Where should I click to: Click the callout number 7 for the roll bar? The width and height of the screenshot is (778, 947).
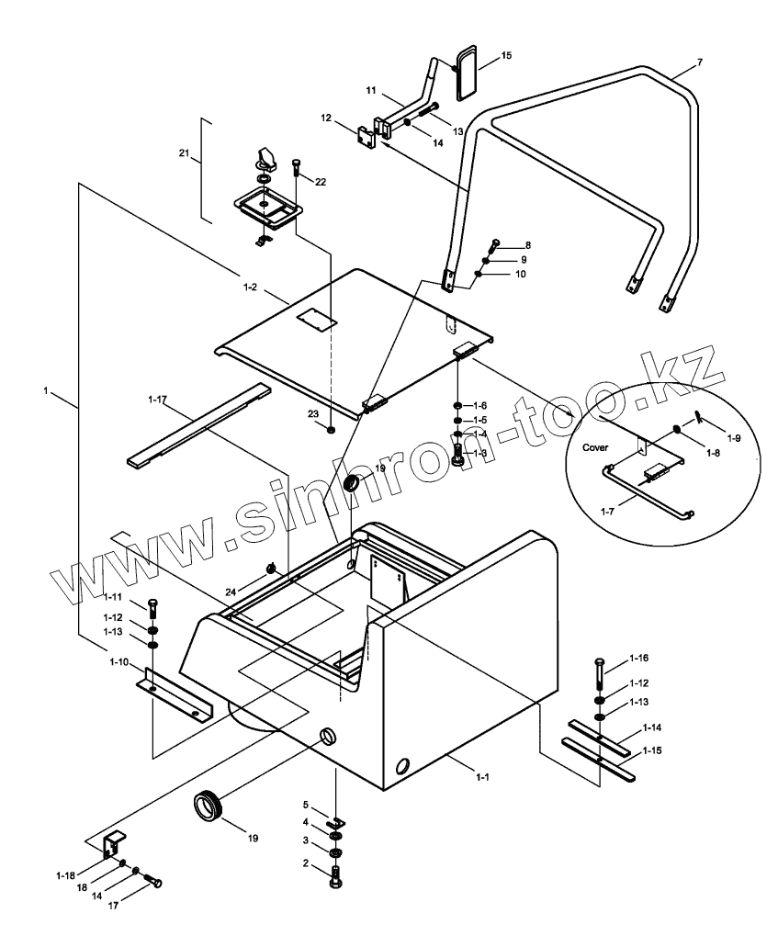(x=700, y=62)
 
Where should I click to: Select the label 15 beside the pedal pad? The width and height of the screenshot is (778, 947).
(x=506, y=56)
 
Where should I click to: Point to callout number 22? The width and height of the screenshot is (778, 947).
(x=320, y=181)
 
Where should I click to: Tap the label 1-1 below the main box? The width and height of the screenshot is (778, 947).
(x=481, y=777)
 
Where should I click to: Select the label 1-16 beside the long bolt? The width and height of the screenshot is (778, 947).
(x=639, y=659)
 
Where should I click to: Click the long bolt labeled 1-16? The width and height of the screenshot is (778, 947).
(x=599, y=675)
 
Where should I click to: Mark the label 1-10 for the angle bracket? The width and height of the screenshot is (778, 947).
(x=117, y=662)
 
